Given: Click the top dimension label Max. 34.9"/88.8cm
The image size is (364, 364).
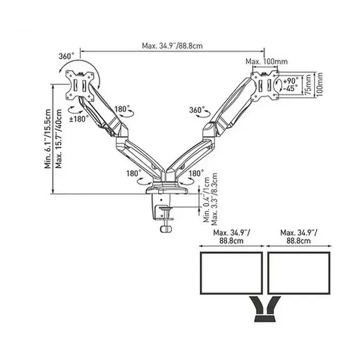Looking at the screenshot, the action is point(172,46).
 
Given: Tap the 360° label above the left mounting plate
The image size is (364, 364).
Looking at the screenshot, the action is point(67,56).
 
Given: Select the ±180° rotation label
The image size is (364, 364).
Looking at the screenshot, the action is point(79,119).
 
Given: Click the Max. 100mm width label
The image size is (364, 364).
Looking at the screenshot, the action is point(266,61).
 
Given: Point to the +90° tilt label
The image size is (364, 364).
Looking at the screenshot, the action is point(291,81).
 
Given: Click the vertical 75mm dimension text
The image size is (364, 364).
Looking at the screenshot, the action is point(308,84).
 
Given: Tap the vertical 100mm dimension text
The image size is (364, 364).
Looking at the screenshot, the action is point(319,84).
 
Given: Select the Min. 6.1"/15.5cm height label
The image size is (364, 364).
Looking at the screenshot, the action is point(48,139).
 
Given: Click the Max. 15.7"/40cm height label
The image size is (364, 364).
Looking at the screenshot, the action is point(58,139).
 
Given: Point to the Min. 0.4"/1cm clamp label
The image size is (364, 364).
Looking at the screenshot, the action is point(206,200).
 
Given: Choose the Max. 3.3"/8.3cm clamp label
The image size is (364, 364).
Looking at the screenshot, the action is point(214,199).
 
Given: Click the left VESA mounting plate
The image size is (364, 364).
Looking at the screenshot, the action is point(80,86).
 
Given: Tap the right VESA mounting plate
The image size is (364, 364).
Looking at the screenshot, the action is point(265,86).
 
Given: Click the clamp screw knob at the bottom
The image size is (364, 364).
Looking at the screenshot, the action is point(166,229).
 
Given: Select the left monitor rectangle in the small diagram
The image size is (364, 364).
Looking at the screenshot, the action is point(231,273).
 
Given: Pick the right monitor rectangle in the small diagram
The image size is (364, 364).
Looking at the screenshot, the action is point(299,273).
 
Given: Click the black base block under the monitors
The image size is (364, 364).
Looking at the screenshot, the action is point(265,318).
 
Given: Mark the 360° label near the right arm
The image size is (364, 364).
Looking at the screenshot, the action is point(197,110).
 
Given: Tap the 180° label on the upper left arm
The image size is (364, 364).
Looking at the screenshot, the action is point(122,109).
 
